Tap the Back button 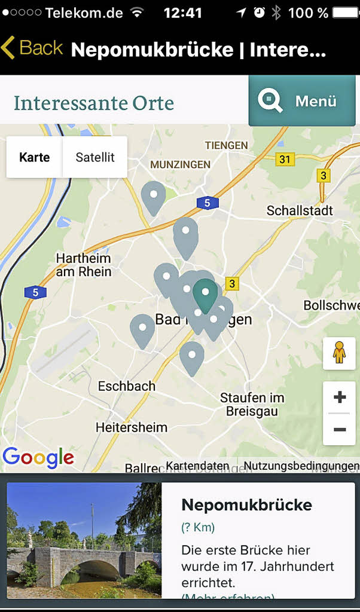33,48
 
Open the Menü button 301,100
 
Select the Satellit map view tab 94,157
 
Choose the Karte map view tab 35,157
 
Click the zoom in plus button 340,397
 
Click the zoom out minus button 340,430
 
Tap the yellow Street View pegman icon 339,353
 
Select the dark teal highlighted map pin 205,295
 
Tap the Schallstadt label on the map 300,210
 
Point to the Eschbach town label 127,386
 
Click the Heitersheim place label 132,427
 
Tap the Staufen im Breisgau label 252,404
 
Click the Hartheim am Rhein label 84,265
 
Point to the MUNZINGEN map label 180,164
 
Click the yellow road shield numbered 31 285,159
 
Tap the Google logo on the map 38,458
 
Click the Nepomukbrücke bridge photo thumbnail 84,540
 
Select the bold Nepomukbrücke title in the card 246,505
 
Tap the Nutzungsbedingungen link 301,466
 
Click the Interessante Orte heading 94,103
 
